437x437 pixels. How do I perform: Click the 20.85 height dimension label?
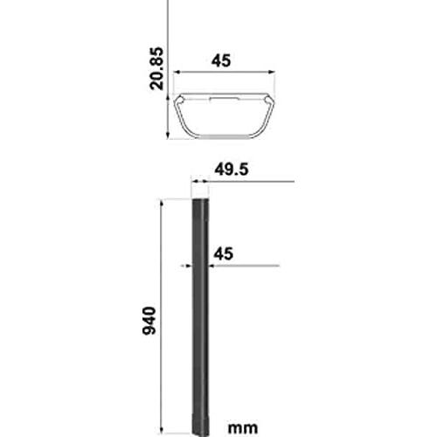156,68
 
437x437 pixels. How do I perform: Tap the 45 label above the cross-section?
221,60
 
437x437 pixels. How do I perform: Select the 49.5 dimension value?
232,170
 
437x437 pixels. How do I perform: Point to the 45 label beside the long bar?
224,253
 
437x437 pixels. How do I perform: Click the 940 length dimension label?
149,321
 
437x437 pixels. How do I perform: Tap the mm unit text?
243,428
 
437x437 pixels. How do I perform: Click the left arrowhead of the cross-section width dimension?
177,73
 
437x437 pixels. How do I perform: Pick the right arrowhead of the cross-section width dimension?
272,72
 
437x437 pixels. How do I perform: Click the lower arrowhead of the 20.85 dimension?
168,135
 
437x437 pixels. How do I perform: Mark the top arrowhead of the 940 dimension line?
162,203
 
